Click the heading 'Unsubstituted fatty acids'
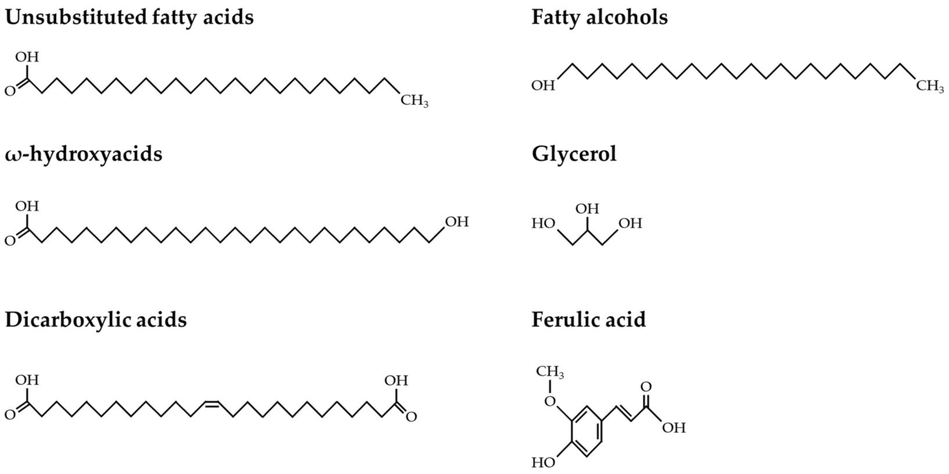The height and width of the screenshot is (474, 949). tap(129, 17)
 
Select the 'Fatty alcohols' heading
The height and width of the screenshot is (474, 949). tap(599, 17)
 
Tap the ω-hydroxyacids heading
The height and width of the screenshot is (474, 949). tap(83, 154)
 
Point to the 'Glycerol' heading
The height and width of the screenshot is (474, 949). tap(574, 154)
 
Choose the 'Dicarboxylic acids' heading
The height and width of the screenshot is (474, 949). tap(95, 320)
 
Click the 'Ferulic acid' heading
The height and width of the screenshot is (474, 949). tap(588, 320)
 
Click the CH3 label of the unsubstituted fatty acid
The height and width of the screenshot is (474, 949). tap(414, 101)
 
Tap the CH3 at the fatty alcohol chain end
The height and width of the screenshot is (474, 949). tap(930, 86)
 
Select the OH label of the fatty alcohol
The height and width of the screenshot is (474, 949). tap(543, 86)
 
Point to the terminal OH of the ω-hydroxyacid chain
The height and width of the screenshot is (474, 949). tap(457, 222)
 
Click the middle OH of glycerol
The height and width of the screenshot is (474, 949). tap(587, 209)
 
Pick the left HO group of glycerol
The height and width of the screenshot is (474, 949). tap(543, 224)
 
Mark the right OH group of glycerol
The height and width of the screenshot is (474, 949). tap(630, 224)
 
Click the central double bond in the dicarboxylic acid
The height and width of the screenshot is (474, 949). tap(211, 403)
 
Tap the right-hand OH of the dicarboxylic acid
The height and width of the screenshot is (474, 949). tap(396, 381)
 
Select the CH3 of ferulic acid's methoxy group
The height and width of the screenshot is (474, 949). tap(550, 372)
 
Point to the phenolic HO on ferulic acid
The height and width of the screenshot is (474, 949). tap(543, 463)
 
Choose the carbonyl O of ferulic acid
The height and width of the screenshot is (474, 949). tap(646, 387)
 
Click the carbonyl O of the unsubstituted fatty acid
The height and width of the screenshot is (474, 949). tap(10, 91)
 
